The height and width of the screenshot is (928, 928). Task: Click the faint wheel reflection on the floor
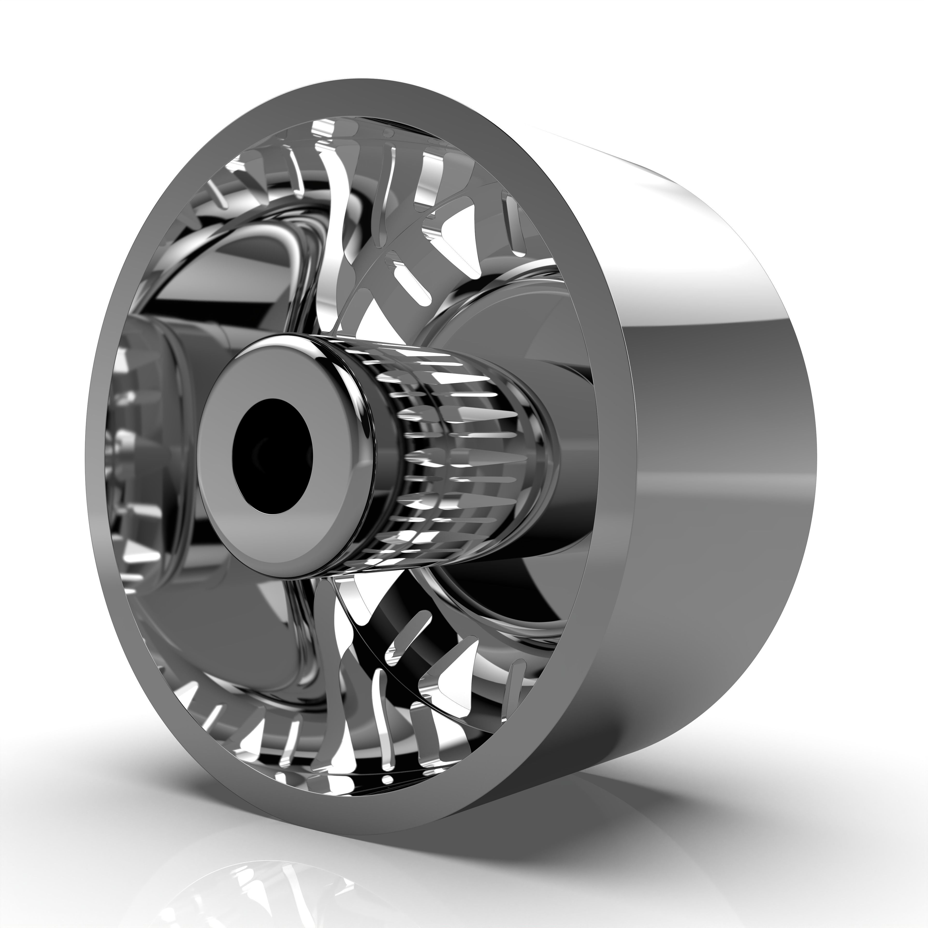click(x=269, y=893)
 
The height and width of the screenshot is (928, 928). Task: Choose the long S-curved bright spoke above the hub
click(x=336, y=216)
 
